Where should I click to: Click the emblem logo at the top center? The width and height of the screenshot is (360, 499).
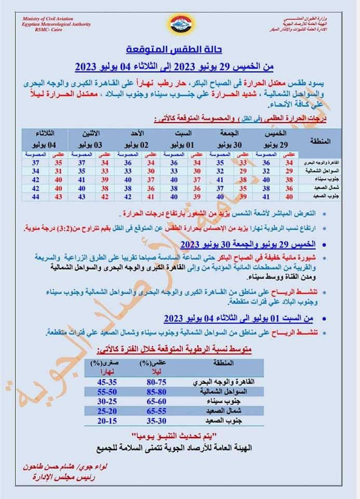pyautogui.click(x=180, y=24)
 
